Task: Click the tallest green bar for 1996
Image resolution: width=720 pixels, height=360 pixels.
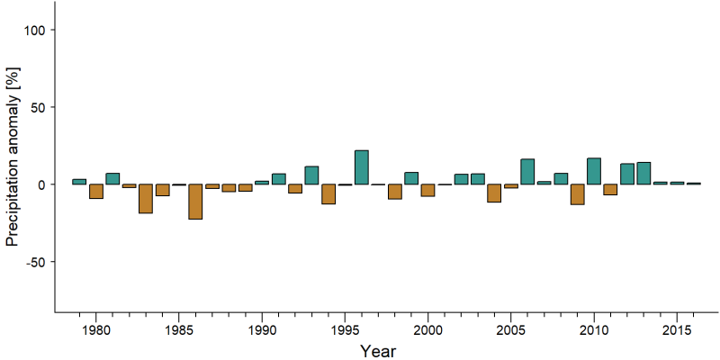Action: pyautogui.click(x=362, y=167)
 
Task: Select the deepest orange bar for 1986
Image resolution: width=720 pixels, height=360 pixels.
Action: pyautogui.click(x=195, y=202)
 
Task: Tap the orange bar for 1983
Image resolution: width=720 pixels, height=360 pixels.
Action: pyautogui.click(x=146, y=199)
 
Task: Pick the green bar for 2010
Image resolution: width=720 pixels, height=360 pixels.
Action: pyautogui.click(x=594, y=171)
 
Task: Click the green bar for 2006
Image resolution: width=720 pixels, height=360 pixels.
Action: pyautogui.click(x=527, y=172)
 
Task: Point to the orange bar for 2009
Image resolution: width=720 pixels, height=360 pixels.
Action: pyautogui.click(x=578, y=194)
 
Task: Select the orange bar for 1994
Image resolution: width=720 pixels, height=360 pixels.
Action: pyautogui.click(x=328, y=193)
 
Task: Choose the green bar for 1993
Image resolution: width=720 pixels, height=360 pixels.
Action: pyautogui.click(x=311, y=175)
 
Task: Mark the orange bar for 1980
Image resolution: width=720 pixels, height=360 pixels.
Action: pyautogui.click(x=96, y=192)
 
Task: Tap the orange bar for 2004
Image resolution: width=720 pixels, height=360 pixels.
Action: pyautogui.click(x=494, y=193)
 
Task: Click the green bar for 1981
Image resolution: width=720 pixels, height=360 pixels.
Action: pyautogui.click(x=112, y=178)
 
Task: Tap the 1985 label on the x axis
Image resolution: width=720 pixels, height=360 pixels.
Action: pyautogui.click(x=178, y=330)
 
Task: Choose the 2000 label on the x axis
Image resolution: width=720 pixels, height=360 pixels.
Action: pyautogui.click(x=428, y=330)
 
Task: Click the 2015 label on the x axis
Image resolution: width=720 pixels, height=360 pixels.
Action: pyautogui.click(x=678, y=330)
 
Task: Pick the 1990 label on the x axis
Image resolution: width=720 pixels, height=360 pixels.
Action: pyautogui.click(x=262, y=330)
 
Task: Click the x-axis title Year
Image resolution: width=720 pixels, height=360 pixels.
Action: pyautogui.click(x=377, y=351)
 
